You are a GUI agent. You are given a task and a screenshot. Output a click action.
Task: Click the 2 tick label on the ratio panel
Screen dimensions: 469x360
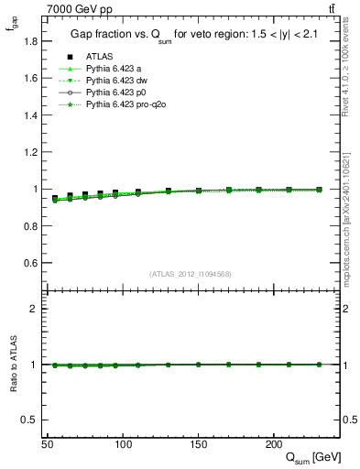click(36, 309)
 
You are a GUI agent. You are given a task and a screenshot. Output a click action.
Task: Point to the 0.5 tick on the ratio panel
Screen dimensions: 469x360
click(31, 420)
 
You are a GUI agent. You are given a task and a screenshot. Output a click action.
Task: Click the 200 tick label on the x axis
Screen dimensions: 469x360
click(273, 443)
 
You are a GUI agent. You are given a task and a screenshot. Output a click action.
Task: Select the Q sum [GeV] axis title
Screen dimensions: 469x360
click(310, 457)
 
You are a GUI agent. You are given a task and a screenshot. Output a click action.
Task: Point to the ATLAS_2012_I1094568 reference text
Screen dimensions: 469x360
click(190, 273)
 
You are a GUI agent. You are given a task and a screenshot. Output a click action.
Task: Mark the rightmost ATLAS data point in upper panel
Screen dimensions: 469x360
click(319, 190)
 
